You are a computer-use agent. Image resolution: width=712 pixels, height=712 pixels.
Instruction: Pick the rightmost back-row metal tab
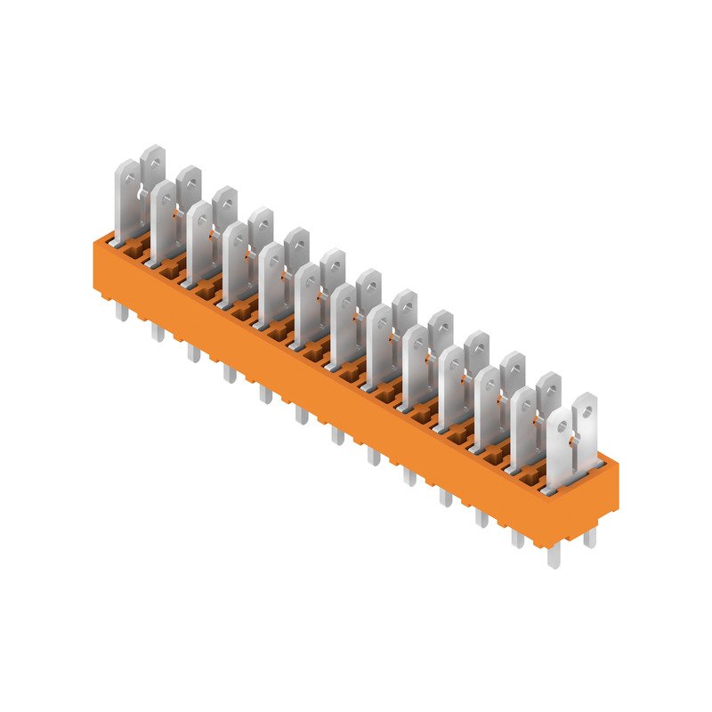[585, 423]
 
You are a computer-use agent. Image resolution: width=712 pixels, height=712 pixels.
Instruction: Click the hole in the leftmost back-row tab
[154, 162]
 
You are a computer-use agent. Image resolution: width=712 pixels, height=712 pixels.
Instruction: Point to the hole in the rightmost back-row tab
[585, 412]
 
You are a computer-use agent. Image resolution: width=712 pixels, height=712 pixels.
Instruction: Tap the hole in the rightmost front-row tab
[561, 425]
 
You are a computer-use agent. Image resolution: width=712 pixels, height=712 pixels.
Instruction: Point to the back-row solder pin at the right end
[588, 538]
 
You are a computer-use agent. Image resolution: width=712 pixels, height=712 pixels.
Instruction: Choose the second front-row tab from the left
[163, 222]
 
